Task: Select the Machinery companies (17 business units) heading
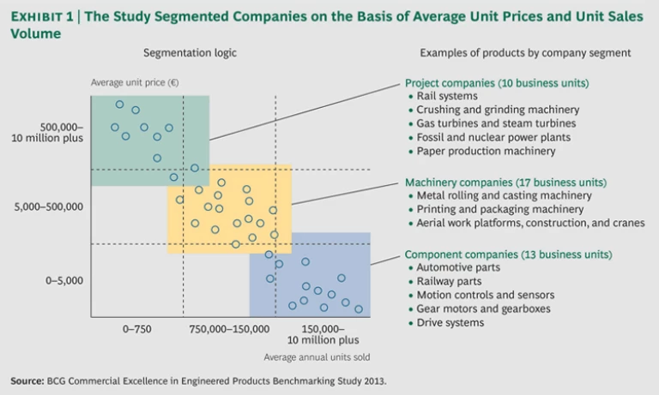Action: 505,183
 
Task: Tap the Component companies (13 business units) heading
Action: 508,254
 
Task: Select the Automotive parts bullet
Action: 460,268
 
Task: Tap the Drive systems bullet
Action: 450,322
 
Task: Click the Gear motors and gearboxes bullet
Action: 483,308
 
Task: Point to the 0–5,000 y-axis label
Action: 63,280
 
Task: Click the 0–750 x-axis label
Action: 137,328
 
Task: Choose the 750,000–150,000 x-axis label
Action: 228,328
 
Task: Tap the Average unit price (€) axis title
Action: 135,83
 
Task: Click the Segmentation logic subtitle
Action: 190,53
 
